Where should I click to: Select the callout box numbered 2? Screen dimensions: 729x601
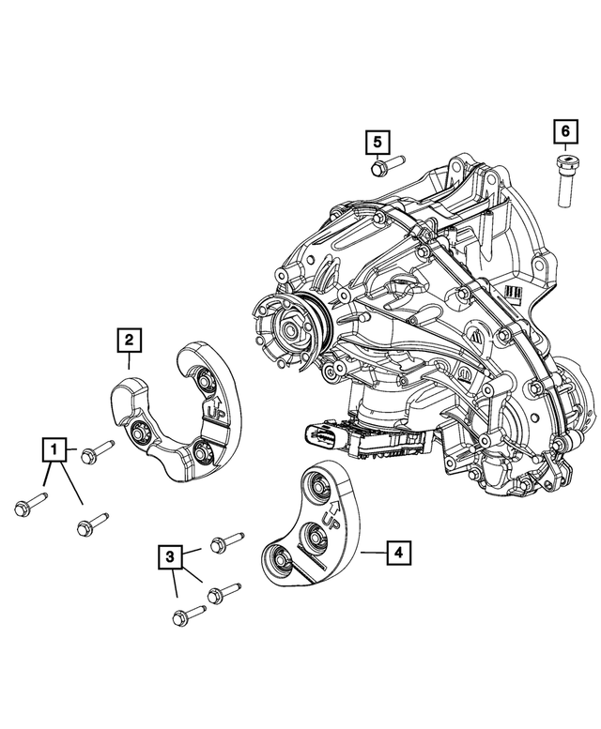tap(130, 340)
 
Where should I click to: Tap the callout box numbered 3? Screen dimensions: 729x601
tap(170, 558)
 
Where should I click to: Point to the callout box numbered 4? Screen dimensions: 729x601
tap(399, 554)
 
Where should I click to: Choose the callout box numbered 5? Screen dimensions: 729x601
tap(377, 142)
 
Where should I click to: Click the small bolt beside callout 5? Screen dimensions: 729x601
tap(384, 167)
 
